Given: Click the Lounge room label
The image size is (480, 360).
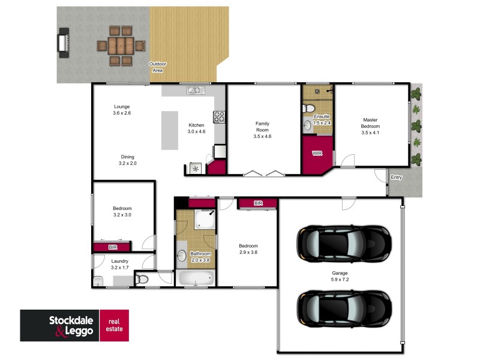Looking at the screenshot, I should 122,106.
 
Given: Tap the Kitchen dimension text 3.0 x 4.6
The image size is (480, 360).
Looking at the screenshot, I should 196,131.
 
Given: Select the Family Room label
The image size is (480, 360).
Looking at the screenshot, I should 263,127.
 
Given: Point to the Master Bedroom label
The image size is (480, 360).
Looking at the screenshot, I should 370,123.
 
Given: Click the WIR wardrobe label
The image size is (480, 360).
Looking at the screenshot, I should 317,154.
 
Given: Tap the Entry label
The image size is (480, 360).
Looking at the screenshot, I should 396,178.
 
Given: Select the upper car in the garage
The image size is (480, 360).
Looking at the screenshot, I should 344,242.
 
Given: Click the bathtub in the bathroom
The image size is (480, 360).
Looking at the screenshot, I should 196,278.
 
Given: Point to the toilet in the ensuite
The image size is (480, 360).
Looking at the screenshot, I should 307,108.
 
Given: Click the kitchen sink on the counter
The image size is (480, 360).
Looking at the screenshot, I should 195,91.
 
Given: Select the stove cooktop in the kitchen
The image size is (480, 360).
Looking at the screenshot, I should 219,117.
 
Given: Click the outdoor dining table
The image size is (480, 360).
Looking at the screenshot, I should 122,45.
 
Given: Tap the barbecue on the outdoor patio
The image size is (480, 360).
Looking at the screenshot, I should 63,44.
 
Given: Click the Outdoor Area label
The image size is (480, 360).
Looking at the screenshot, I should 158,67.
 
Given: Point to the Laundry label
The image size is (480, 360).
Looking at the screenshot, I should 121,261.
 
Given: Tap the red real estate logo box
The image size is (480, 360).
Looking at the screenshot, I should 113,325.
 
